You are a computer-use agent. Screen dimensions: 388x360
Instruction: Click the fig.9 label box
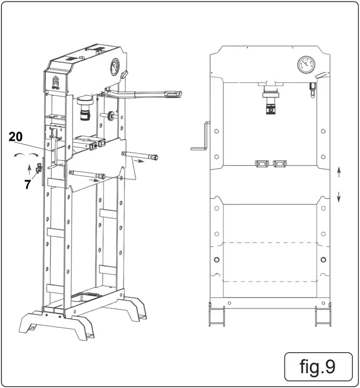click(317, 366)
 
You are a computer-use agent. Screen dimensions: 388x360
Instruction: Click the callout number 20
click(16, 137)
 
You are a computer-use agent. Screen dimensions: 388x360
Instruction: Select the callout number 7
click(28, 185)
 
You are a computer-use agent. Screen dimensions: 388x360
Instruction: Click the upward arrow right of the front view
click(338, 173)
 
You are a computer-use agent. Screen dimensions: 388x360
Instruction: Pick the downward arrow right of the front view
click(338, 196)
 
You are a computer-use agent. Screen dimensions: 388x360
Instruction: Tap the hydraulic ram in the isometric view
click(86, 109)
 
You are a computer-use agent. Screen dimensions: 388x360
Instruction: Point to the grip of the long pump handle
click(173, 94)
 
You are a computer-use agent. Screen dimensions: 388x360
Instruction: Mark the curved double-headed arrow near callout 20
click(26, 155)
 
